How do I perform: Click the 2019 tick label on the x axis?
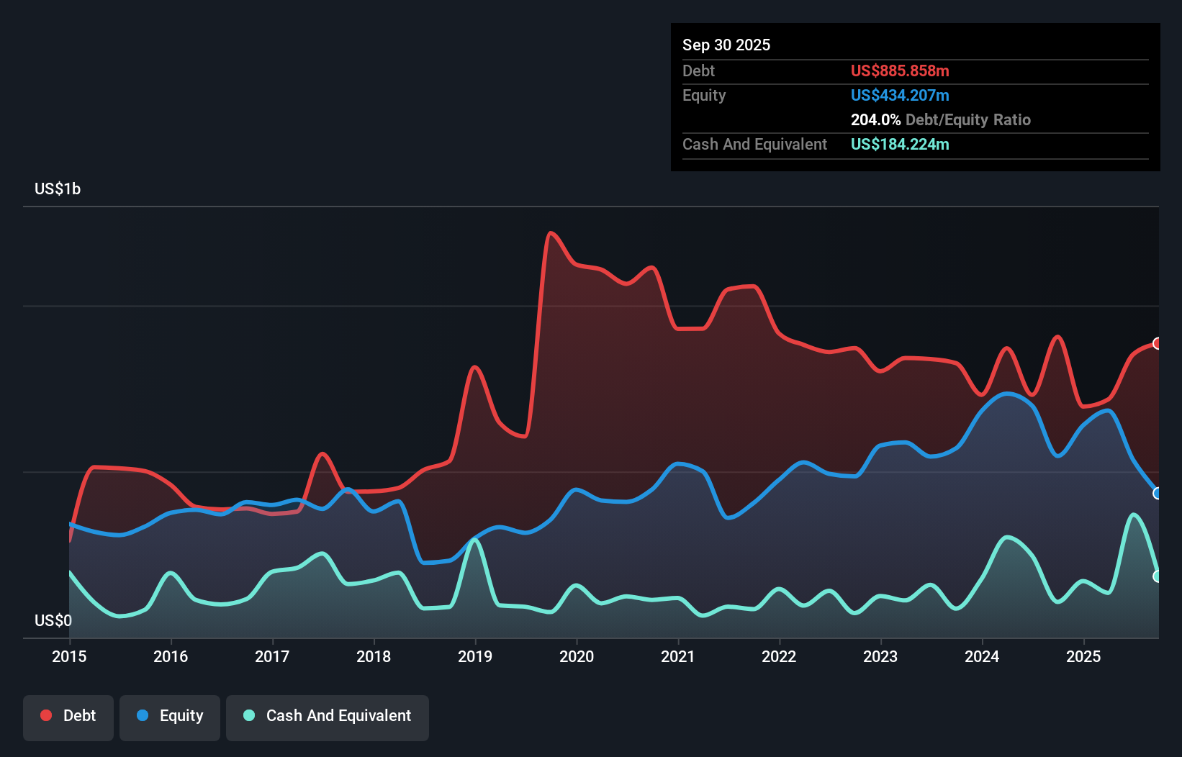pyautogui.click(x=474, y=656)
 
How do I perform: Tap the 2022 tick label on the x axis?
pyautogui.click(x=779, y=656)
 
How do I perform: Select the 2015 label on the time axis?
pyautogui.click(x=69, y=656)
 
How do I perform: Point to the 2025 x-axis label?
pyautogui.click(x=1083, y=656)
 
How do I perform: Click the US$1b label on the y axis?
pyautogui.click(x=58, y=189)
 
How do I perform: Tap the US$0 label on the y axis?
pyautogui.click(x=53, y=620)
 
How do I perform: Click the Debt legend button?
pyautogui.click(x=68, y=716)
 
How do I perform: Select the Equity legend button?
pyautogui.click(x=170, y=716)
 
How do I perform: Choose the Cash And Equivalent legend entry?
pyautogui.click(x=328, y=716)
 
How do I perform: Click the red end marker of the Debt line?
pyautogui.click(x=1157, y=343)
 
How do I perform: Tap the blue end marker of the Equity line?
pyautogui.click(x=1157, y=493)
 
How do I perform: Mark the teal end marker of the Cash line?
pyautogui.click(x=1157, y=576)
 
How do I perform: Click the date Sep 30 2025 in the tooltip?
pyautogui.click(x=726, y=45)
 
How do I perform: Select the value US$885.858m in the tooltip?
pyautogui.click(x=899, y=71)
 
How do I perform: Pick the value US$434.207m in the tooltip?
pyautogui.click(x=899, y=96)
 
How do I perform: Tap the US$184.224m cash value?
pyautogui.click(x=899, y=145)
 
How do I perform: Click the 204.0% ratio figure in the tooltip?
pyautogui.click(x=875, y=120)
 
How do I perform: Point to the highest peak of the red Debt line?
pyautogui.click(x=551, y=232)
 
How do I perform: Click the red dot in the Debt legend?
pyautogui.click(x=46, y=715)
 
